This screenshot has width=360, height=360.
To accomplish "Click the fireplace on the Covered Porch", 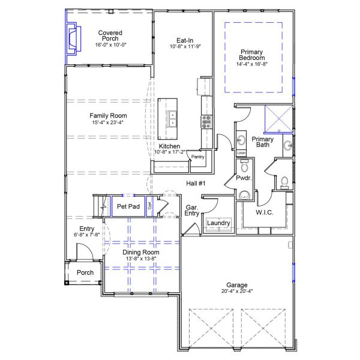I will tap(72, 38).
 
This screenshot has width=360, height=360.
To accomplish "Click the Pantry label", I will tap(198, 157).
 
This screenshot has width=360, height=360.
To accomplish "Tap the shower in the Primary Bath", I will tap(279, 118).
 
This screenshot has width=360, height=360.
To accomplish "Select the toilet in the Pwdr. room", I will tap(285, 182).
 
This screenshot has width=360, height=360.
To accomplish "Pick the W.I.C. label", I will tap(265, 212).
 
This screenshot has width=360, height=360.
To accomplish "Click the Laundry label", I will tap(218, 223).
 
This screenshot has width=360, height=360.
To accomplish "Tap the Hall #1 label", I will tap(196, 184).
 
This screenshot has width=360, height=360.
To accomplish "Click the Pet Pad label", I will tap(128, 206).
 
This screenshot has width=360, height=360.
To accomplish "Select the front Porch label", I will tap(85, 273).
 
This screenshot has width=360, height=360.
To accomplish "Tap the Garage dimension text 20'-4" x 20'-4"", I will tap(237, 292).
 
